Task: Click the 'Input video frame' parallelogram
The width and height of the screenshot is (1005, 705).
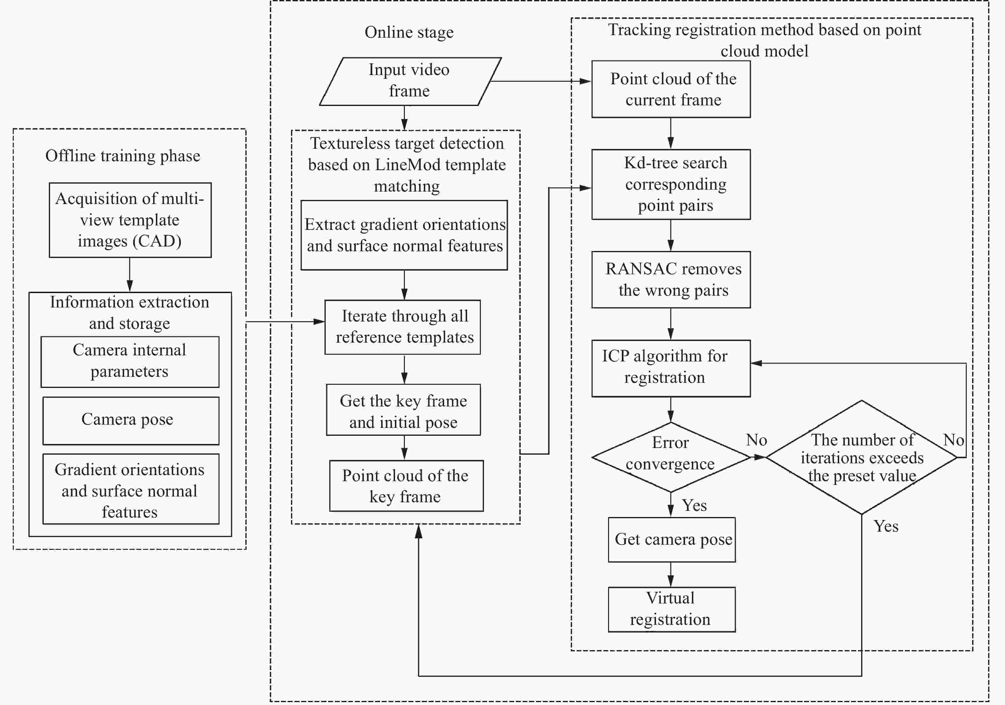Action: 409,81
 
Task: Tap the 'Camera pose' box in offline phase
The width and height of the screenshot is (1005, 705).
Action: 130,421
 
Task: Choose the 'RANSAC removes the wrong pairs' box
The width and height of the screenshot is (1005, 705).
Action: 671,280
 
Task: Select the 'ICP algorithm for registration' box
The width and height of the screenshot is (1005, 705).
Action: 671,368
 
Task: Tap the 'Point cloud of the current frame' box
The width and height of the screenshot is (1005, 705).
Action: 671,89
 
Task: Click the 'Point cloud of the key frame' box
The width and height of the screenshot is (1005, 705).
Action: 406,485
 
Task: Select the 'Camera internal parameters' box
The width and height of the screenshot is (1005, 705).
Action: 130,361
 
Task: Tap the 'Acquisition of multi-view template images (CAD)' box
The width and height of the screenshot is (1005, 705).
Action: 130,220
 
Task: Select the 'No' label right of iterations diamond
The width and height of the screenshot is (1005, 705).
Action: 953,440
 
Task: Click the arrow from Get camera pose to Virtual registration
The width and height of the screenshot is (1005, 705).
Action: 671,574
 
